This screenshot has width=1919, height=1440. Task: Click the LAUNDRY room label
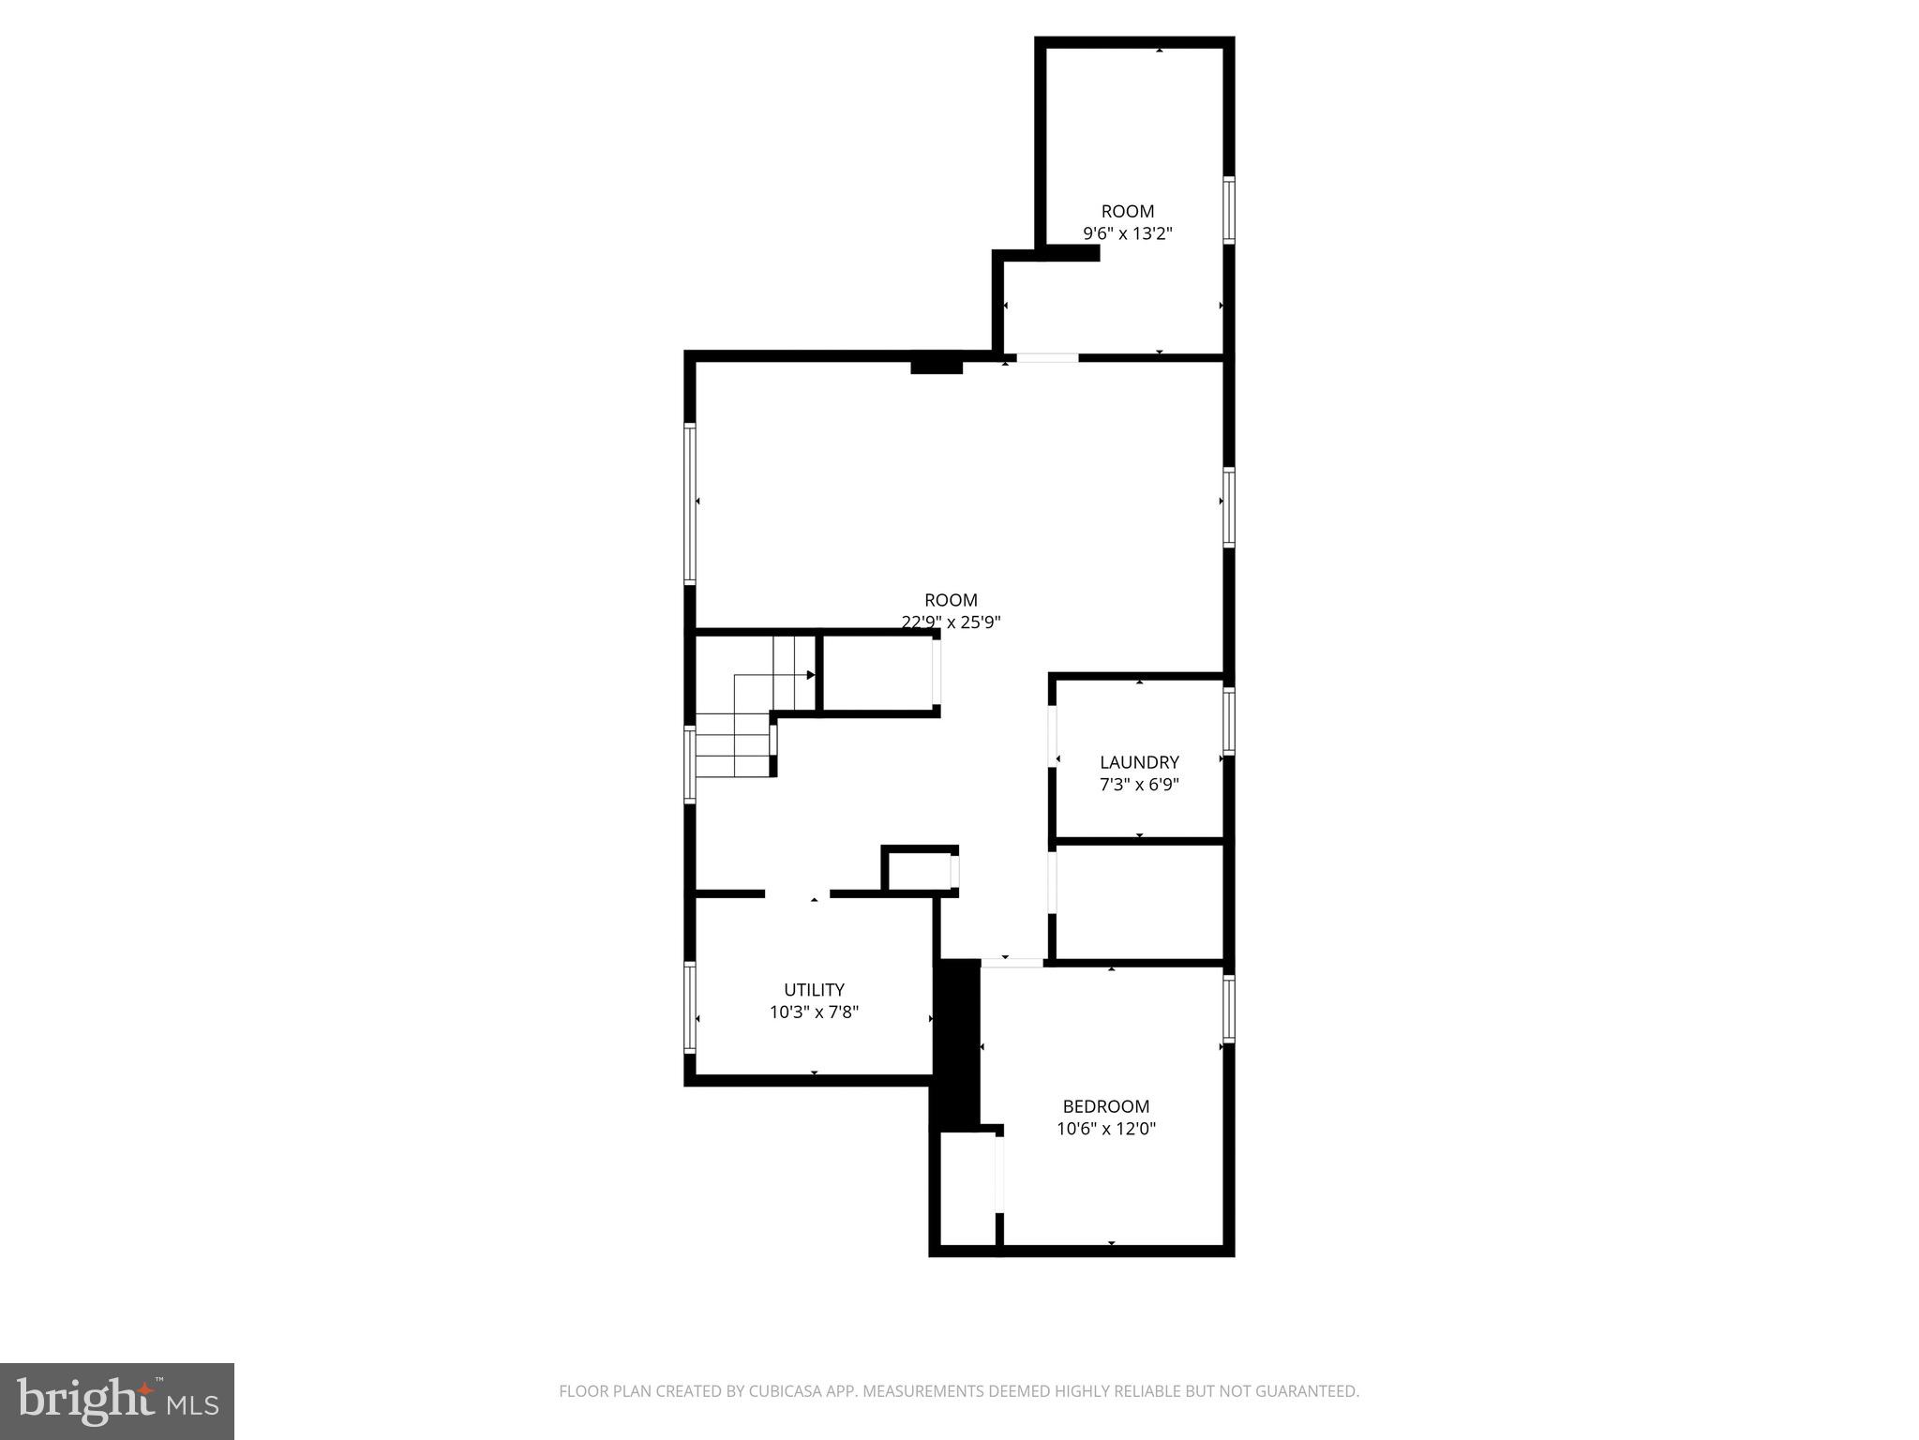pyautogui.click(x=1139, y=762)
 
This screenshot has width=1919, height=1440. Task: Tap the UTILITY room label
pyautogui.click(x=814, y=990)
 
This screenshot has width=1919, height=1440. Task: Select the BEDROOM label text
pyautogui.click(x=1105, y=1106)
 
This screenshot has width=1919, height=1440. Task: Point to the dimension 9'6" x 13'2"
pyautogui.click(x=1128, y=233)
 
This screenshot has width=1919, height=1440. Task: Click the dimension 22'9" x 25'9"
pyautogui.click(x=951, y=622)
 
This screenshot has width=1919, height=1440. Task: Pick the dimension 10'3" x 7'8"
pyautogui.click(x=814, y=1012)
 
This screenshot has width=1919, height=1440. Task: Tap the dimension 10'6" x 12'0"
pyautogui.click(x=1106, y=1129)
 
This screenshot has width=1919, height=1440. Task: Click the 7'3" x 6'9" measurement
pyautogui.click(x=1139, y=785)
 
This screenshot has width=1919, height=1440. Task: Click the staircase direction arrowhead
pyautogui.click(x=811, y=675)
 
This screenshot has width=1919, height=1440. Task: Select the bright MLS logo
pyautogui.click(x=117, y=1401)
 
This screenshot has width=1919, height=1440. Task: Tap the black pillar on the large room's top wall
pyautogui.click(x=937, y=364)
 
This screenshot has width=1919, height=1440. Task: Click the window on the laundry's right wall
pyautogui.click(x=1228, y=722)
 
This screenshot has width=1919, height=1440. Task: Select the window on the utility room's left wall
pyautogui.click(x=690, y=1008)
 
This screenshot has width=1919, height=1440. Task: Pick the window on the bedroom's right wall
pyautogui.click(x=1228, y=1009)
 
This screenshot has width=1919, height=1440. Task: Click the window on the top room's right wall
pyautogui.click(x=1228, y=210)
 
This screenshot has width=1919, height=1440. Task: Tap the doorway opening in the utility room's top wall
pyautogui.click(x=797, y=893)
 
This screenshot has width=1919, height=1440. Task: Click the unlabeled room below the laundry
pyautogui.click(x=1139, y=902)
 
